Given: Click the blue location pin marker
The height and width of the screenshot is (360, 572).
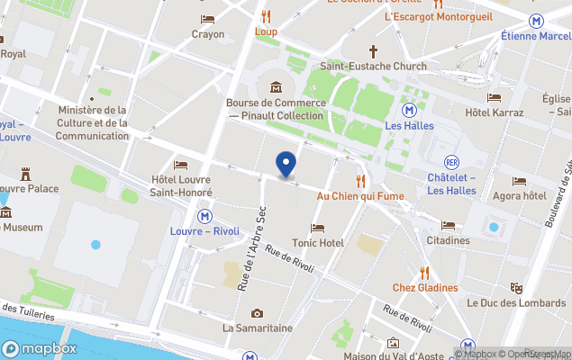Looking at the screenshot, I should [286, 165].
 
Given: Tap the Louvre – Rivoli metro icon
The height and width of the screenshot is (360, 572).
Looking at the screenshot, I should [205, 216].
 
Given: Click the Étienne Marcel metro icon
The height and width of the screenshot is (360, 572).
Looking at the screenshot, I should [537, 20].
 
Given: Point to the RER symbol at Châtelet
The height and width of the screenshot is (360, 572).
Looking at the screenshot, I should [452, 162].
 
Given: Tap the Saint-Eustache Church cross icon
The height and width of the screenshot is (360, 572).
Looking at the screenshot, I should [373, 51].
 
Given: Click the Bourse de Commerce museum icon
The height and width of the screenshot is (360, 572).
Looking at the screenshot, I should [275, 87].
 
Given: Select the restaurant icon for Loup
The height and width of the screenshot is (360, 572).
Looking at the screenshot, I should [266, 16].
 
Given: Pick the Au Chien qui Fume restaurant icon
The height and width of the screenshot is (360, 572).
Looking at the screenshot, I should [360, 180].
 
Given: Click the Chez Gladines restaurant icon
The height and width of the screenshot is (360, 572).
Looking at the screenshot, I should [424, 273].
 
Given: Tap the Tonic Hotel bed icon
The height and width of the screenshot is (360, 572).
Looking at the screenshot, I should [318, 229].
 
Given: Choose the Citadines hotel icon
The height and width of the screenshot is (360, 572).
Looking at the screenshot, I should [449, 225].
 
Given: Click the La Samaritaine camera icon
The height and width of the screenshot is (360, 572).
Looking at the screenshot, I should [258, 313].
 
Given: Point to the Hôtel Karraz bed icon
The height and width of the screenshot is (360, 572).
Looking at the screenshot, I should [494, 97].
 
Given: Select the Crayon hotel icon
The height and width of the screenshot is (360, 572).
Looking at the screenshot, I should [208, 19].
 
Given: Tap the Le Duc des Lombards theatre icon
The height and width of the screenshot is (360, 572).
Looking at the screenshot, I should [516, 288].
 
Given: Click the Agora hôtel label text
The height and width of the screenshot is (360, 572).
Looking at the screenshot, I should [520, 195].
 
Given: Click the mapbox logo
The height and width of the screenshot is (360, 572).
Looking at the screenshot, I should [40, 348].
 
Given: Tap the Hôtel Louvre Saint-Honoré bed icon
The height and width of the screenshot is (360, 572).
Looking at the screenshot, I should [181, 166].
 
